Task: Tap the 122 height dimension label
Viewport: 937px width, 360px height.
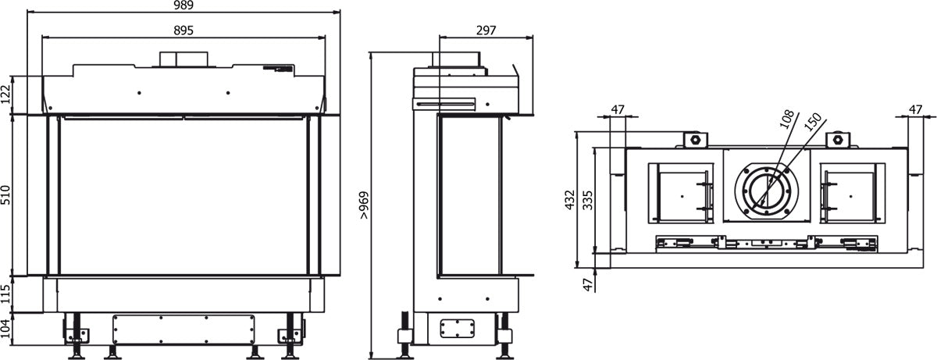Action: click(x=8, y=94)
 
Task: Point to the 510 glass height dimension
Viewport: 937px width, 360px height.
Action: click(x=8, y=195)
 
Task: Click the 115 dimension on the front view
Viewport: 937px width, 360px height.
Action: click(x=8, y=294)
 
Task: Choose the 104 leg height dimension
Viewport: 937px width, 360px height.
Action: click(x=8, y=329)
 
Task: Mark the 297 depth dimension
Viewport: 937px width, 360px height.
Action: click(x=486, y=30)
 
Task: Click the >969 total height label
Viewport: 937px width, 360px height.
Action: click(x=365, y=204)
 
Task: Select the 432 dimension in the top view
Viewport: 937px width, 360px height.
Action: click(x=571, y=200)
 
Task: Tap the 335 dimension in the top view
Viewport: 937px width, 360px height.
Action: click(x=587, y=200)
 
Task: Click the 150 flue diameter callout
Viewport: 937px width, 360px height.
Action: click(x=812, y=123)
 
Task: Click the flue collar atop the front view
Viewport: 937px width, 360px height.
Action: click(x=185, y=59)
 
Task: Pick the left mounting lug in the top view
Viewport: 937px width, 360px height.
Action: click(x=693, y=140)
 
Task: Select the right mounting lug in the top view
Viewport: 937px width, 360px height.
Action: click(x=839, y=140)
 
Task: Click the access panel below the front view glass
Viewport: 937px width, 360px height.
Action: click(x=184, y=329)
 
